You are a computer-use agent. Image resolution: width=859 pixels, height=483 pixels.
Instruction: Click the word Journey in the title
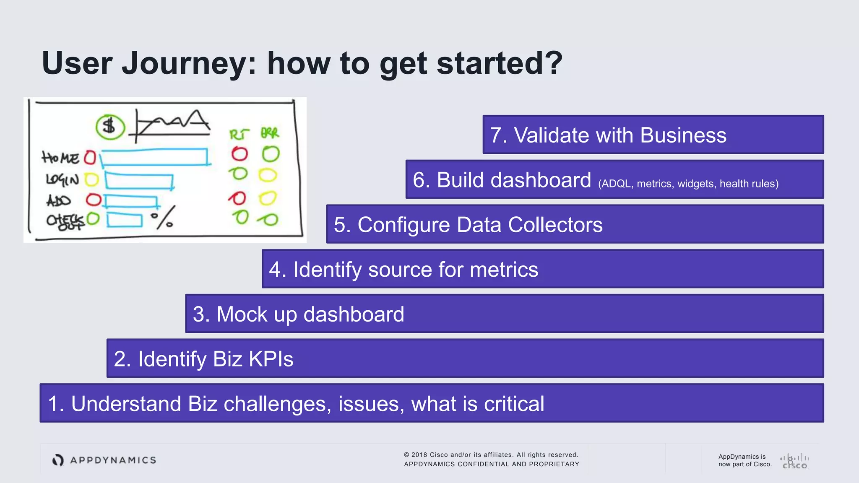188,64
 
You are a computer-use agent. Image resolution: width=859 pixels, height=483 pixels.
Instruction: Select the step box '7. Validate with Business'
653,135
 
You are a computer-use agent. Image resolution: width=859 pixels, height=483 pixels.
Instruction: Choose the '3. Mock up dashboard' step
504,314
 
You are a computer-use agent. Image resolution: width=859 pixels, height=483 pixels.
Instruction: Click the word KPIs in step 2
271,359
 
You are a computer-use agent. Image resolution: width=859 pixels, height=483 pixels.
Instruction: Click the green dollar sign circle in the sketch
110,127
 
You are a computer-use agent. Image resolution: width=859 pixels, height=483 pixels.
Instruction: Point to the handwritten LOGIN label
62,180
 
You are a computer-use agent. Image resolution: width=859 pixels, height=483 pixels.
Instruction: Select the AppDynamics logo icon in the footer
58,460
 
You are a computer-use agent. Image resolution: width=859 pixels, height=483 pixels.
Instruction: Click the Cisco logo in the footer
794,461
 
